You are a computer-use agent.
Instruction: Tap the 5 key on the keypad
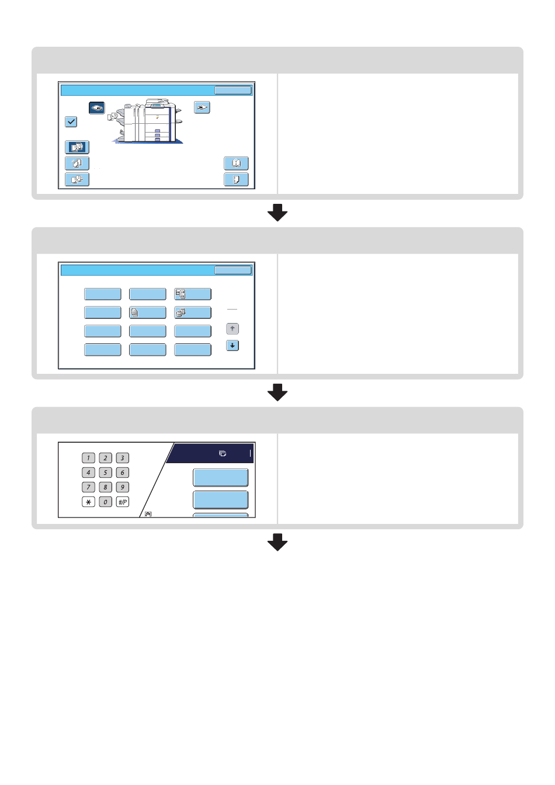pos(105,473)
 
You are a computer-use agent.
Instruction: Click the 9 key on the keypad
pos(122,487)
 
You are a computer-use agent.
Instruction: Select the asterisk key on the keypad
pos(88,502)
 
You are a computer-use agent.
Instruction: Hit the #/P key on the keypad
pos(122,502)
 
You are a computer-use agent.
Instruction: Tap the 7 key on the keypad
pos(88,487)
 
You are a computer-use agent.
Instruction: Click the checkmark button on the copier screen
pos(71,121)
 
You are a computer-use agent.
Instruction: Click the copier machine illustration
pos(147,121)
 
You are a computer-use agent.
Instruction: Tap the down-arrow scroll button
pos(233,346)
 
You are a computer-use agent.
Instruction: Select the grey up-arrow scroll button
pos(233,329)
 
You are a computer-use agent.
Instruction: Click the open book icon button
pos(236,164)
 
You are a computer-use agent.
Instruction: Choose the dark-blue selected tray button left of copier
pos(97,108)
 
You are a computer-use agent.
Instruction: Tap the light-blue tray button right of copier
pos(202,107)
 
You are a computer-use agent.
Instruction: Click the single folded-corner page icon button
pos(236,179)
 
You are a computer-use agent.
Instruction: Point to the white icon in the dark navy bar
pos(223,453)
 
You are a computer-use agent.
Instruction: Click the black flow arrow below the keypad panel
pos(277,542)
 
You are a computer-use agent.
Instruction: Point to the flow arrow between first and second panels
pos(277,213)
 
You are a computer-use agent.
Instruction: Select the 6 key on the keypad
pos(122,473)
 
